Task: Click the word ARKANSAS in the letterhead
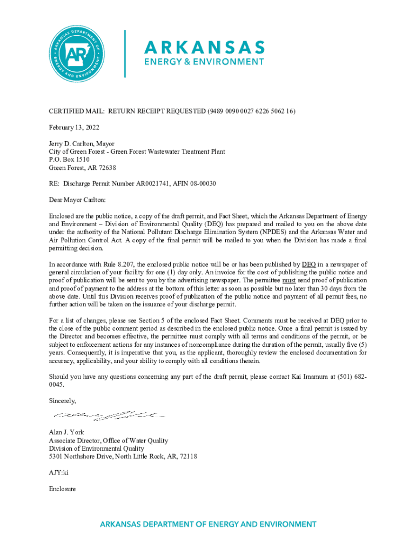(204, 47)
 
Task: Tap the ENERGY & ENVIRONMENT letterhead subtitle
(204, 62)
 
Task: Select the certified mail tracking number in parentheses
(251, 111)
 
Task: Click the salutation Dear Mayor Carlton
(78, 200)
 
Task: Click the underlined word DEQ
(308, 264)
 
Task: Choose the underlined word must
(290, 280)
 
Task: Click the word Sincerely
(63, 401)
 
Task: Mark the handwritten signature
(108, 416)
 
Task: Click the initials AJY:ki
(58, 472)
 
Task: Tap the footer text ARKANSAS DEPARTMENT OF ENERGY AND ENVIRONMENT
(207, 524)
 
